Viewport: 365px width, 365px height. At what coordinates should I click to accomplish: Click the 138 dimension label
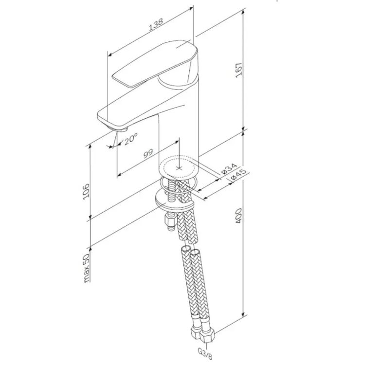156,24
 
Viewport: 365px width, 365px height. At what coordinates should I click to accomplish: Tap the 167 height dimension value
239,70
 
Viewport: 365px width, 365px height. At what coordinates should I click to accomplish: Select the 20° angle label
131,139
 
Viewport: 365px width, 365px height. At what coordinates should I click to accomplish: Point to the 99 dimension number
148,154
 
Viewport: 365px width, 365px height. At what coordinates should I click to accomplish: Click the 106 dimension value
86,191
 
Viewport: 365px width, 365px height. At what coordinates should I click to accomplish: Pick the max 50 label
86,268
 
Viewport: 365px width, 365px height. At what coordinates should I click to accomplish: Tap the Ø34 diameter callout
229,169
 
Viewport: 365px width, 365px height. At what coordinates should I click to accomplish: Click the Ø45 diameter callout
238,175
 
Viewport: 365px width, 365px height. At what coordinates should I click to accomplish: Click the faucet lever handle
156,64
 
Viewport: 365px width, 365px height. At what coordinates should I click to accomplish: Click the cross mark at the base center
179,168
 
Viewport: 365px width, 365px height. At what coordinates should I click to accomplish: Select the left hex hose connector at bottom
197,332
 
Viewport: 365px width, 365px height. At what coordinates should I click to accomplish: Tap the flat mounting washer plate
174,199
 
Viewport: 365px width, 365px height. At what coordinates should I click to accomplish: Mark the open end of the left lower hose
185,248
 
